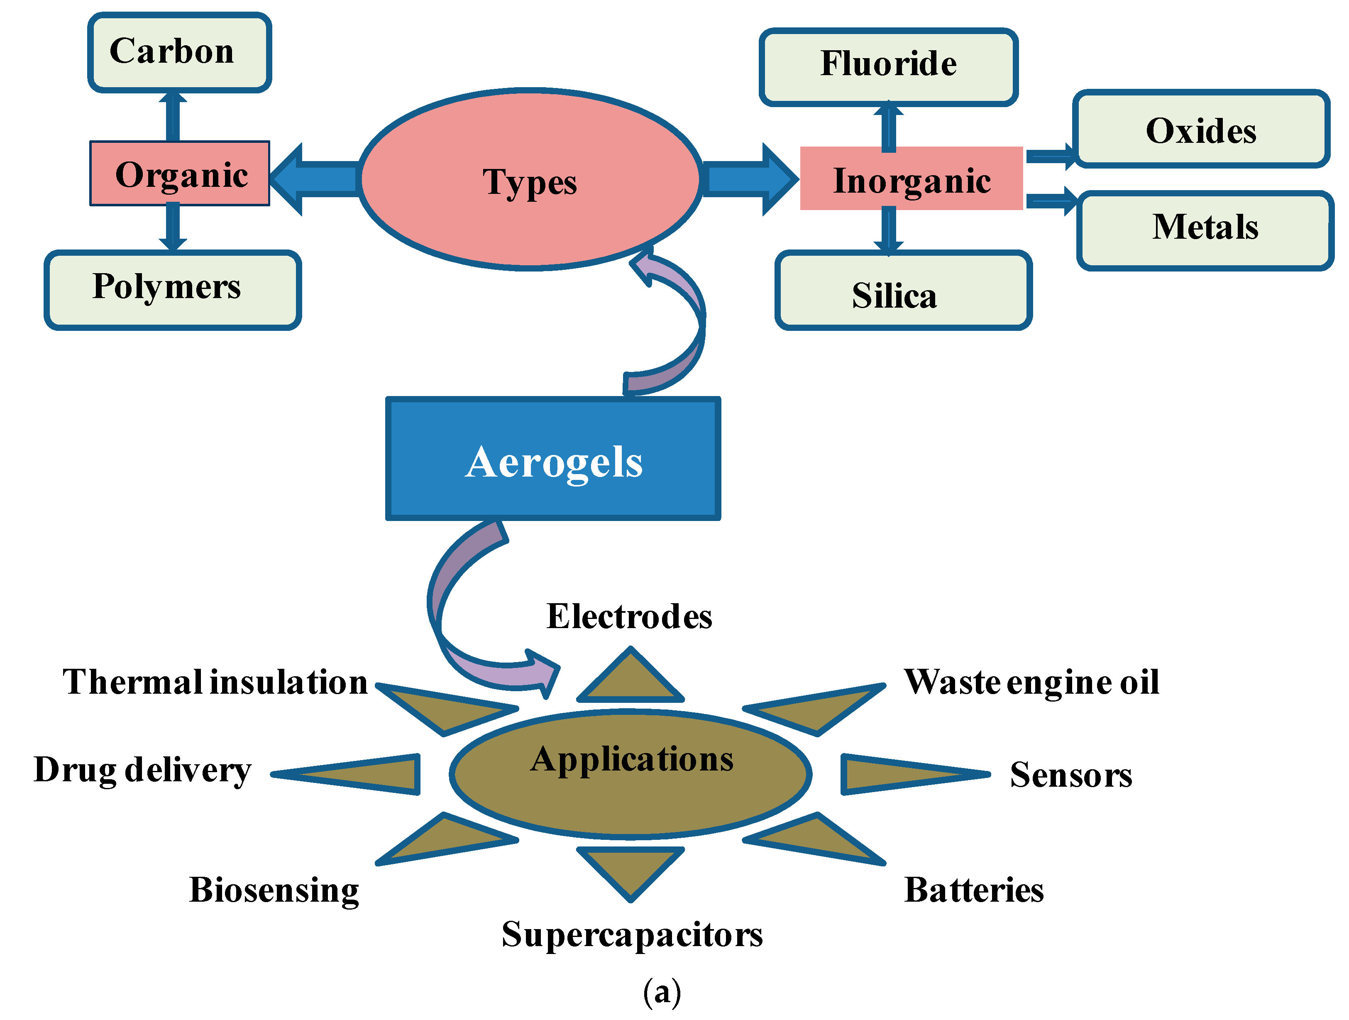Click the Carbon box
point(179,52)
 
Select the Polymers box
point(173,290)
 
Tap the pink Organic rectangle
point(180,174)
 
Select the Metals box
point(1205,230)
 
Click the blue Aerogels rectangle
point(553,459)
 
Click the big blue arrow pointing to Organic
point(317,179)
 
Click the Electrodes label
point(629,616)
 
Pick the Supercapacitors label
point(632,934)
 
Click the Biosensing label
point(274,890)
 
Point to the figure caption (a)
point(662,993)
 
